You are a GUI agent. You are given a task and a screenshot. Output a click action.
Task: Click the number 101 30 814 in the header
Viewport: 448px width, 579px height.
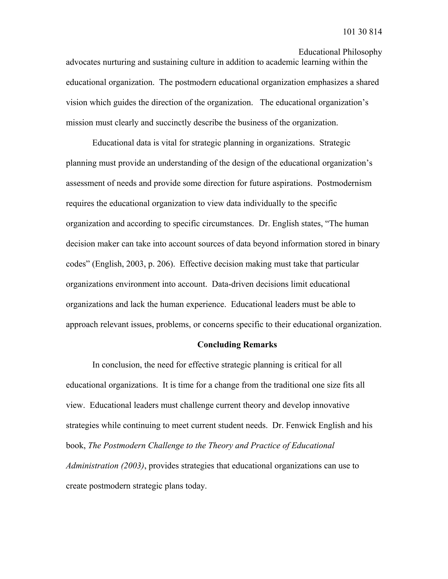pyautogui.click(x=362, y=32)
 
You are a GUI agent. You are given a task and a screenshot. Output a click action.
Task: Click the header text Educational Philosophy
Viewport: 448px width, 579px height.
pyautogui.click(x=340, y=52)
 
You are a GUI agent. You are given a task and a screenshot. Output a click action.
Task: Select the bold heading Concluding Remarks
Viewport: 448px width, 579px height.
pyautogui.click(x=237, y=344)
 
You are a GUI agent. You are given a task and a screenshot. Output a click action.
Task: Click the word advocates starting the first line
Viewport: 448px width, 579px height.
pyautogui.click(x=83, y=62)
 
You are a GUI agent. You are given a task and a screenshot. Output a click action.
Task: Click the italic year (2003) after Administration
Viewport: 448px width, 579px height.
pyautogui.click(x=132, y=466)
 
